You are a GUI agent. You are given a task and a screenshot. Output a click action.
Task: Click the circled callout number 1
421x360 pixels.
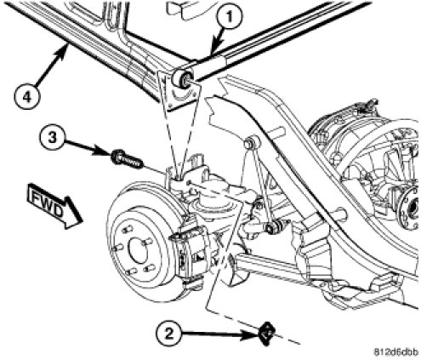[x=230, y=17]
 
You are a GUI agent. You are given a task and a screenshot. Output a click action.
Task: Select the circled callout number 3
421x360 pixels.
[x=52, y=138]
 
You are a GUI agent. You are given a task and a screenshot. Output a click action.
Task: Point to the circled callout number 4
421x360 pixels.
[x=26, y=96]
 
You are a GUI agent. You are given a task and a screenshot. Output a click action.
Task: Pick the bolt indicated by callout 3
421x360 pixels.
[x=127, y=160]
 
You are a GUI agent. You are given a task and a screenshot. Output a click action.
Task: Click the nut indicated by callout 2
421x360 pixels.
[x=266, y=334]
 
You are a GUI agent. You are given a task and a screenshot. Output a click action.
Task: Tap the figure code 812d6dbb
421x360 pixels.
[x=395, y=352]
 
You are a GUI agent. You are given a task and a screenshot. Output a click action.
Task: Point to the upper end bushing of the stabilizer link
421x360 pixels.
[x=252, y=142]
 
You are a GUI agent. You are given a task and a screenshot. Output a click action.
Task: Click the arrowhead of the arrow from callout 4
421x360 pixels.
[x=65, y=49]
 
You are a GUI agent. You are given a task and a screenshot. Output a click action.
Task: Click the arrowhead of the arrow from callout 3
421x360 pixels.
[x=105, y=151]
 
